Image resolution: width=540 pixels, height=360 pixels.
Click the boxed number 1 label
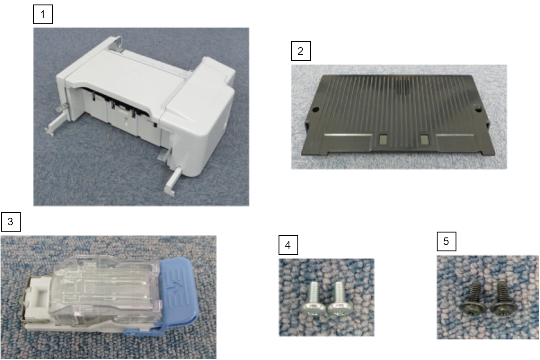(43, 14)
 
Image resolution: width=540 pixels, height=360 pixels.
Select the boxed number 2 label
(301, 51)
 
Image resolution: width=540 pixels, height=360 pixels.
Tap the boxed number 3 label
(11, 222)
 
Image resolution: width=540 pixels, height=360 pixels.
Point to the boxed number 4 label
(288, 245)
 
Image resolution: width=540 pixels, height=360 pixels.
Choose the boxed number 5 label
(447, 241)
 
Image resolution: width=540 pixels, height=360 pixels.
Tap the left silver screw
(312, 300)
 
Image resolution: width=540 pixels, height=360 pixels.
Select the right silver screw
(340, 300)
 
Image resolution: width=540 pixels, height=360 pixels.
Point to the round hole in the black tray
(315, 110)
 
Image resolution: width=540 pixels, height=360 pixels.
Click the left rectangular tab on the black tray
(383, 139)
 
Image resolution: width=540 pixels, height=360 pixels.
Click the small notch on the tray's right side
(478, 108)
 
